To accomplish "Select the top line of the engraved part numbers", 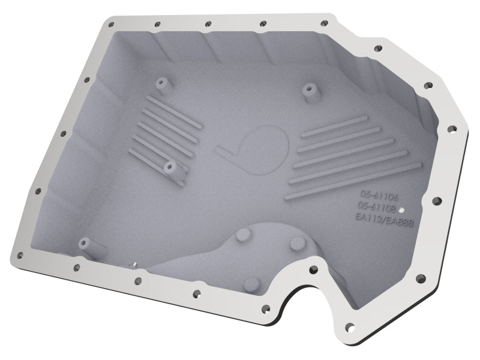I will pyautogui.click(x=376, y=195).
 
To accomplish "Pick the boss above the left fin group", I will pyautogui.click(x=161, y=82).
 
